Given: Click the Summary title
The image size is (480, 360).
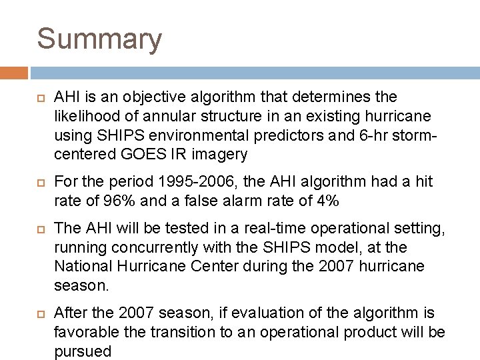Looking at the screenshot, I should pos(99,39).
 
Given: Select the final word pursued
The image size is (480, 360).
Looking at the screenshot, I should pos(83,351).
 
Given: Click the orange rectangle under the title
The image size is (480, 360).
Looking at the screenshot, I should pos(13,71).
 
